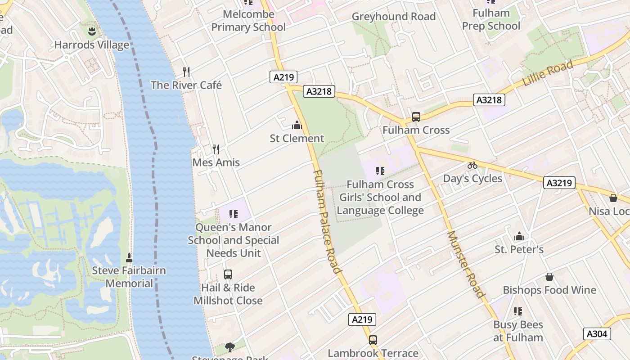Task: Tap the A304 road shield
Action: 597,333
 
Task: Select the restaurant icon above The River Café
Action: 186,72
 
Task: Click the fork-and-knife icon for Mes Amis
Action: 216,149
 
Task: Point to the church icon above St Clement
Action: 297,125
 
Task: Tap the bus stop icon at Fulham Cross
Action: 416,117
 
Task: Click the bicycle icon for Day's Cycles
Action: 472,165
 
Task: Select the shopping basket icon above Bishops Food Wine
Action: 549,277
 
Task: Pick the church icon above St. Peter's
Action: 519,236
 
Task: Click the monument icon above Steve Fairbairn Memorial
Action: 129,257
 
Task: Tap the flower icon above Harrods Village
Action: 91,31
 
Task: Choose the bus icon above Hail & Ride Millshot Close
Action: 228,274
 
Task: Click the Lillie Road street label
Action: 548,74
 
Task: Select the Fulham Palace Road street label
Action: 326,221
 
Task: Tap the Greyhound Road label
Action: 393,17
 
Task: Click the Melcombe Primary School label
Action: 248,21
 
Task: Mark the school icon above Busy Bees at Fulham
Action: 518,311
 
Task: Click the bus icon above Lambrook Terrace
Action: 373,340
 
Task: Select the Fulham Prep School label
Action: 491,19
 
